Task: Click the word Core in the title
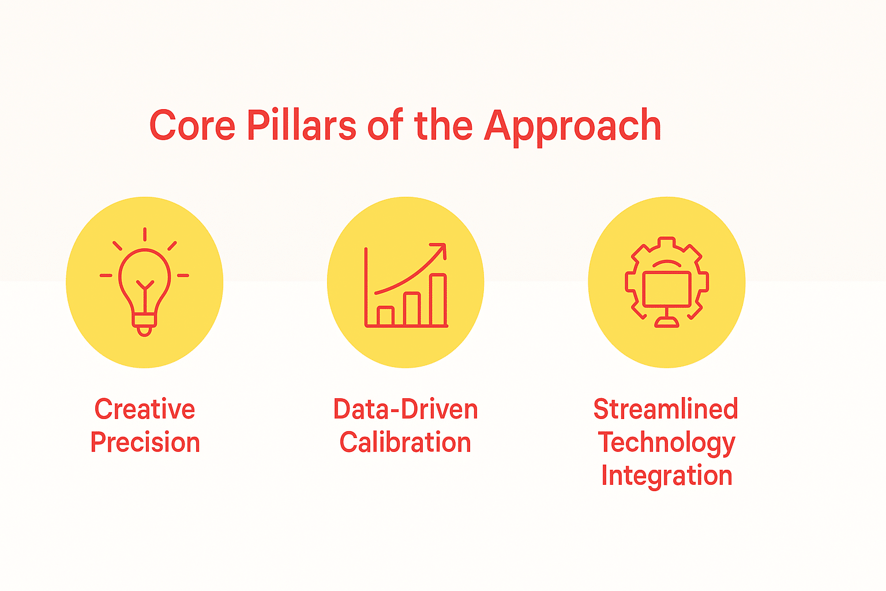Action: click(x=193, y=125)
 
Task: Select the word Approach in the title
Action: click(x=572, y=127)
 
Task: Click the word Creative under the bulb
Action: click(x=145, y=409)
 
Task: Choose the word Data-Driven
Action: click(x=406, y=409)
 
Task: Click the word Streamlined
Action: click(x=666, y=409)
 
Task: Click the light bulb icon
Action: click(x=144, y=282)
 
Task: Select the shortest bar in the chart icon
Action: click(x=385, y=316)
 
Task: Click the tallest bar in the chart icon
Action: click(x=438, y=300)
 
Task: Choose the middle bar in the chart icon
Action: click(x=412, y=309)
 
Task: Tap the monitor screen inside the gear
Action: click(x=667, y=289)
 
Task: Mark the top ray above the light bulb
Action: click(x=145, y=234)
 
